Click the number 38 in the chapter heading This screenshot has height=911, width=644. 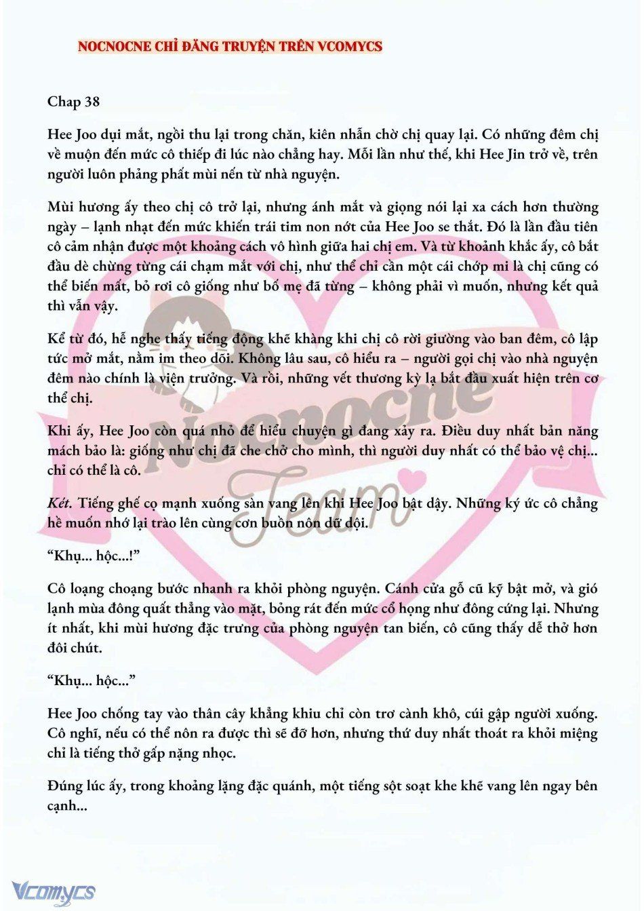coord(91,102)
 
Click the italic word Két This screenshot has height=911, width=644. coord(60,503)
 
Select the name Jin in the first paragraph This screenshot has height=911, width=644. coord(508,154)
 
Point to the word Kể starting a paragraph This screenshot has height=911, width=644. coord(57,339)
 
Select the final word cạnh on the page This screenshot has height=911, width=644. coord(62,806)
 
